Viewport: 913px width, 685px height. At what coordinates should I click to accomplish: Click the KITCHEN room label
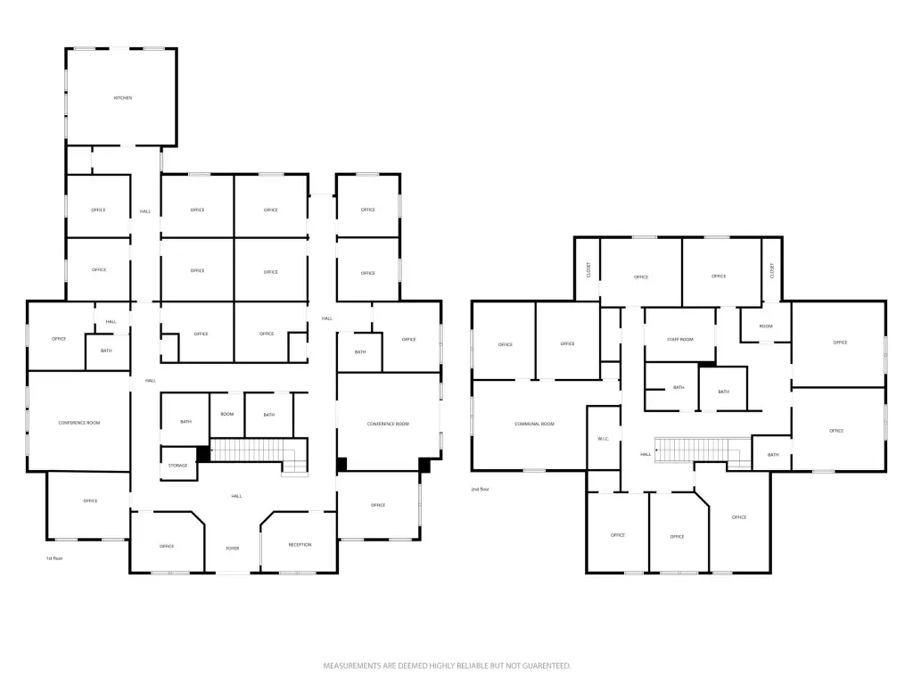(x=123, y=97)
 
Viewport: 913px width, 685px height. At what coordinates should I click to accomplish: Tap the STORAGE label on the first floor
(x=177, y=466)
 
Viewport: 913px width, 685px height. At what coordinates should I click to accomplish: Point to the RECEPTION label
(x=300, y=545)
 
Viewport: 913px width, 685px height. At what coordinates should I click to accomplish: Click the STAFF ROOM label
(x=680, y=340)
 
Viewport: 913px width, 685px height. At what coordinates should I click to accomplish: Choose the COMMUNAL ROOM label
(x=534, y=425)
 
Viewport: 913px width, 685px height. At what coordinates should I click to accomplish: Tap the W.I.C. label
(x=603, y=439)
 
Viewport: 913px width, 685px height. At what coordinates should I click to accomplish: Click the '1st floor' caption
(x=55, y=558)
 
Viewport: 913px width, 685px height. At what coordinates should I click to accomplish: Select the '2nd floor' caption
(x=481, y=490)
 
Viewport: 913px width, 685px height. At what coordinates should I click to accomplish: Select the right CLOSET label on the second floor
(x=772, y=268)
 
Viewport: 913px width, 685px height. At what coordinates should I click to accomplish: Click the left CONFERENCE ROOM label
(x=78, y=423)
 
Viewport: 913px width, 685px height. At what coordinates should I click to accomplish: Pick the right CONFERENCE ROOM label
(x=388, y=424)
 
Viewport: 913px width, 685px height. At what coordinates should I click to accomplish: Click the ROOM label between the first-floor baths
(x=227, y=415)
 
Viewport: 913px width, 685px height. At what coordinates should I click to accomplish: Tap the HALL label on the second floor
(x=646, y=455)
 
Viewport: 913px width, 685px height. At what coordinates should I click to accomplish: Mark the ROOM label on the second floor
(x=766, y=326)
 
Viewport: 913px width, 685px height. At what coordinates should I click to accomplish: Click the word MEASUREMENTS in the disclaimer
(x=353, y=665)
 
